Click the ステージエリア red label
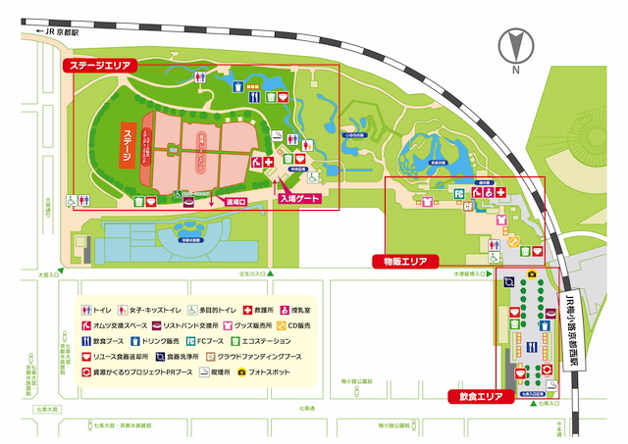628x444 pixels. (x=98, y=66)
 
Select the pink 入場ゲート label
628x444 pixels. (x=301, y=198)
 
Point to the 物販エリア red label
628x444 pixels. (x=399, y=262)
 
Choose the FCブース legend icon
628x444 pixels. (x=189, y=341)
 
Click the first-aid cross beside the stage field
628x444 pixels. (x=267, y=160)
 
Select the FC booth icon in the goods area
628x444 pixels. (x=458, y=194)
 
